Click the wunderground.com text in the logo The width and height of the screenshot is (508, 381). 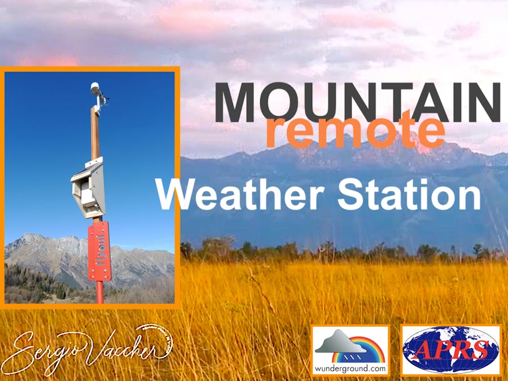[351, 368]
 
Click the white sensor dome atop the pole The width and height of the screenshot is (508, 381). [95, 88]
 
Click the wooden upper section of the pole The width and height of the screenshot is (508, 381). [95, 133]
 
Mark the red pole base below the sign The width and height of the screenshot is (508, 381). [100, 292]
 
